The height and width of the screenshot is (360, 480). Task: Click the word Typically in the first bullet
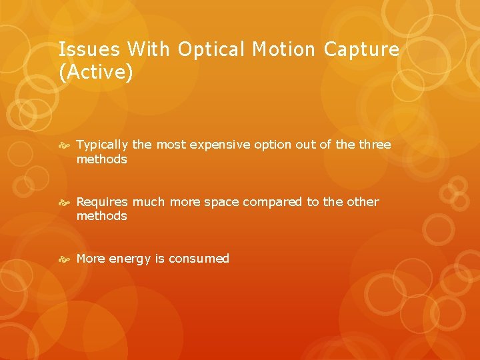103,145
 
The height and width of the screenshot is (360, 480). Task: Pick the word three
374,145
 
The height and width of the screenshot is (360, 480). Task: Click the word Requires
103,202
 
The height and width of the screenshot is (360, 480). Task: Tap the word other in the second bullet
362,202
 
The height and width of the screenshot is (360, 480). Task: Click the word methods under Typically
101,159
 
